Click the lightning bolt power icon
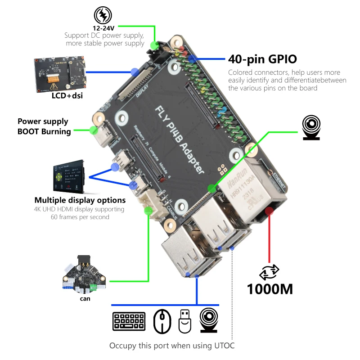click(x=104, y=16)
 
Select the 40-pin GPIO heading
click(x=262, y=59)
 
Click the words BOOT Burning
click(x=44, y=131)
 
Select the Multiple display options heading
click(x=80, y=200)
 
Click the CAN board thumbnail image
click(x=83, y=276)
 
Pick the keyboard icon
click(x=129, y=321)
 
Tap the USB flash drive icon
click(x=185, y=321)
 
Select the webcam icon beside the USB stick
click(x=210, y=321)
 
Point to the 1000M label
click(x=270, y=288)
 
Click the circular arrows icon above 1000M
click(x=270, y=271)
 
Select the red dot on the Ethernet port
click(x=270, y=211)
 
